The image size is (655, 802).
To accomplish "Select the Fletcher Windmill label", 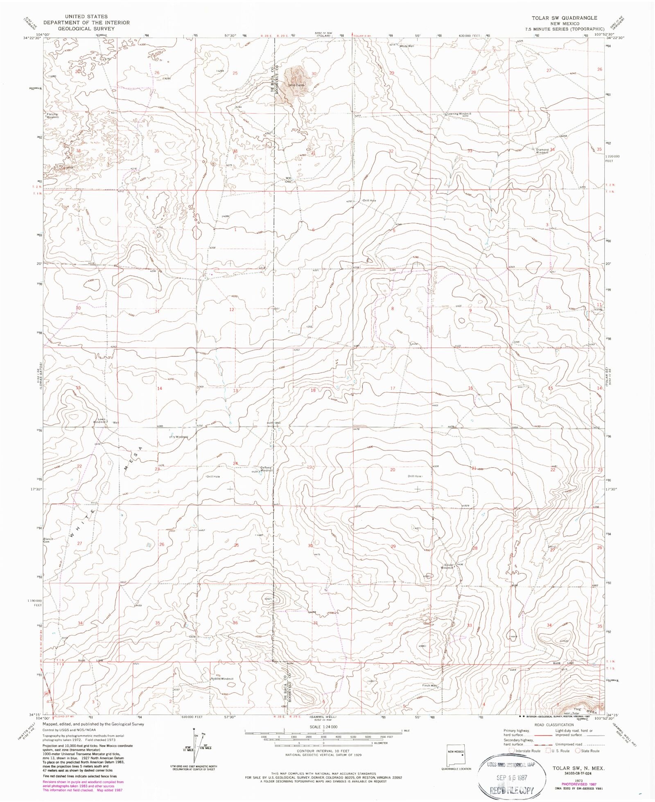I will (52, 115).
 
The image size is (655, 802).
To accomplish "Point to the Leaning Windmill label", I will (459, 114).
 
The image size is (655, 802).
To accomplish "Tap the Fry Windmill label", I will (179, 437).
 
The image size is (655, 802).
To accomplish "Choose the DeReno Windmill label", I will (266, 469).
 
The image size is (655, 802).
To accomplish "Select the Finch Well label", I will (429, 685).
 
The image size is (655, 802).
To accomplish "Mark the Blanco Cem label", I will (49, 540).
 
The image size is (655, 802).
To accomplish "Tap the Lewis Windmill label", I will (99, 420).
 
